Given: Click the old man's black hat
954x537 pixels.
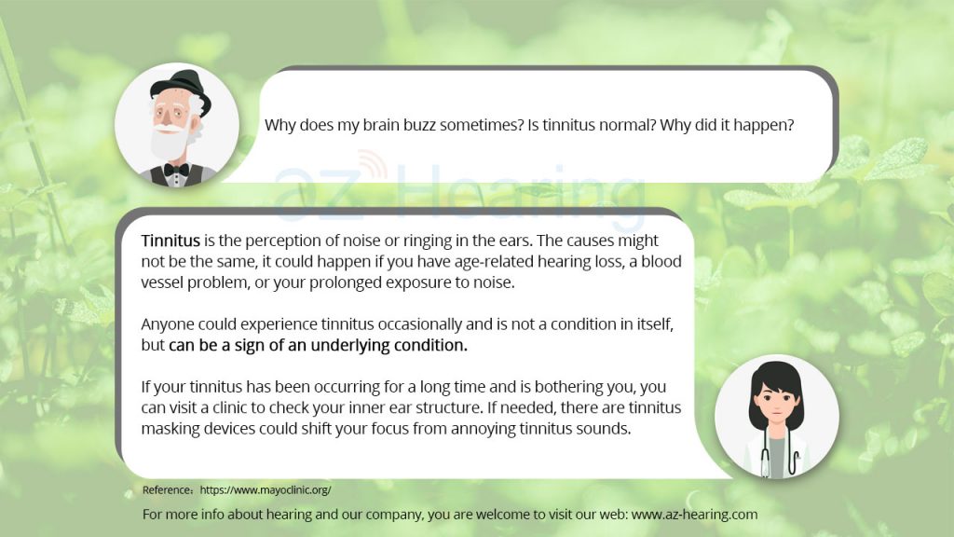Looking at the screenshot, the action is pyautogui.click(x=183, y=89).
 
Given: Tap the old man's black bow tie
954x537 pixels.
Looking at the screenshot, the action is pyautogui.click(x=175, y=170).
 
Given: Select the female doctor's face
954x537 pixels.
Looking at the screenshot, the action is pyautogui.click(x=776, y=405).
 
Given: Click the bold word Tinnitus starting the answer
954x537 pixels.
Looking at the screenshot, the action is pyautogui.click(x=170, y=241).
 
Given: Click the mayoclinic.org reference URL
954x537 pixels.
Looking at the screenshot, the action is pyautogui.click(x=266, y=490).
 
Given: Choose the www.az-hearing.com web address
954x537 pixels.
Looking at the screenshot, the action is pyautogui.click(x=694, y=515).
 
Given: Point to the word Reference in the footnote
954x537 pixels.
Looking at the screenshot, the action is pyautogui.click(x=168, y=490).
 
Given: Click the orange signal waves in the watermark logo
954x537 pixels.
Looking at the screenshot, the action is pyautogui.click(x=374, y=164).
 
